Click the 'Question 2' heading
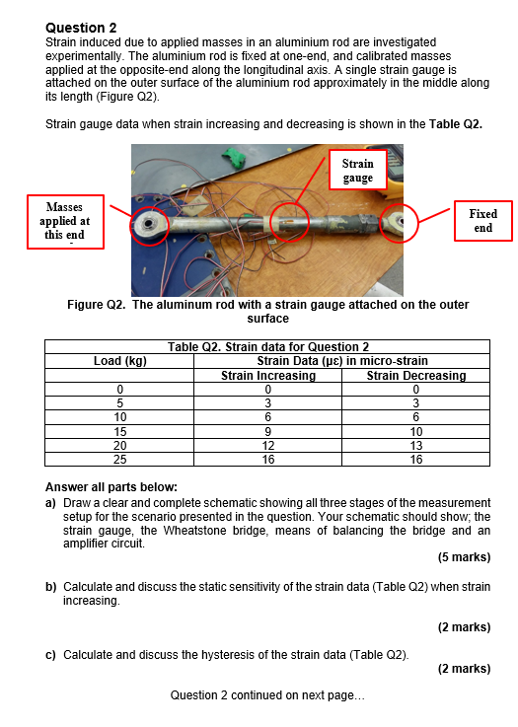point(81,28)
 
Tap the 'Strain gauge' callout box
point(357,170)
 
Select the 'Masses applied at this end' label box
point(65,222)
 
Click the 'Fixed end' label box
point(482,221)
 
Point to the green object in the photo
point(236,156)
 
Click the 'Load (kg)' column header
point(120,361)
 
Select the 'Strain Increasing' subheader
point(268,375)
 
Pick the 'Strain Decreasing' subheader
point(416,375)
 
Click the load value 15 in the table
point(120,432)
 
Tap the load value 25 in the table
point(120,460)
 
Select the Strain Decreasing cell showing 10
point(416,432)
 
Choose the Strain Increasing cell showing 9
point(268,432)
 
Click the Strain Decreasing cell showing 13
point(416,446)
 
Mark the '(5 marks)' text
point(464,557)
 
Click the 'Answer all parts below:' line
point(111,487)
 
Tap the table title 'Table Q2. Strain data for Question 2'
point(268,347)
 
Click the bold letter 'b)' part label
point(50,587)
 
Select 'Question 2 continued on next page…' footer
point(267,695)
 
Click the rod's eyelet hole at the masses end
point(148,224)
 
